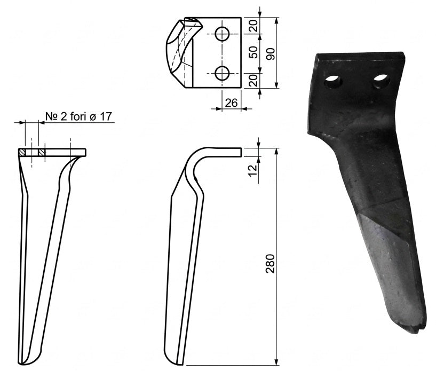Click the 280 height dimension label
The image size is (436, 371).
click(270, 263)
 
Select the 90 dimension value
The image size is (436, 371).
click(270, 54)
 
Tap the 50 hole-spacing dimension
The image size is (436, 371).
click(253, 52)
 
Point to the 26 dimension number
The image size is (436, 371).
click(232, 103)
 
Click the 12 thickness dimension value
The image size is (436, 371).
click(253, 170)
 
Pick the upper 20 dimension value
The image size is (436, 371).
click(253, 26)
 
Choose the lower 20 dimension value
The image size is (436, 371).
click(253, 81)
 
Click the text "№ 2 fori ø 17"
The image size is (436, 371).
click(78, 116)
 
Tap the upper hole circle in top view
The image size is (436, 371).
click(222, 34)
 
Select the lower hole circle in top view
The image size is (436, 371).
click(222, 74)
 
